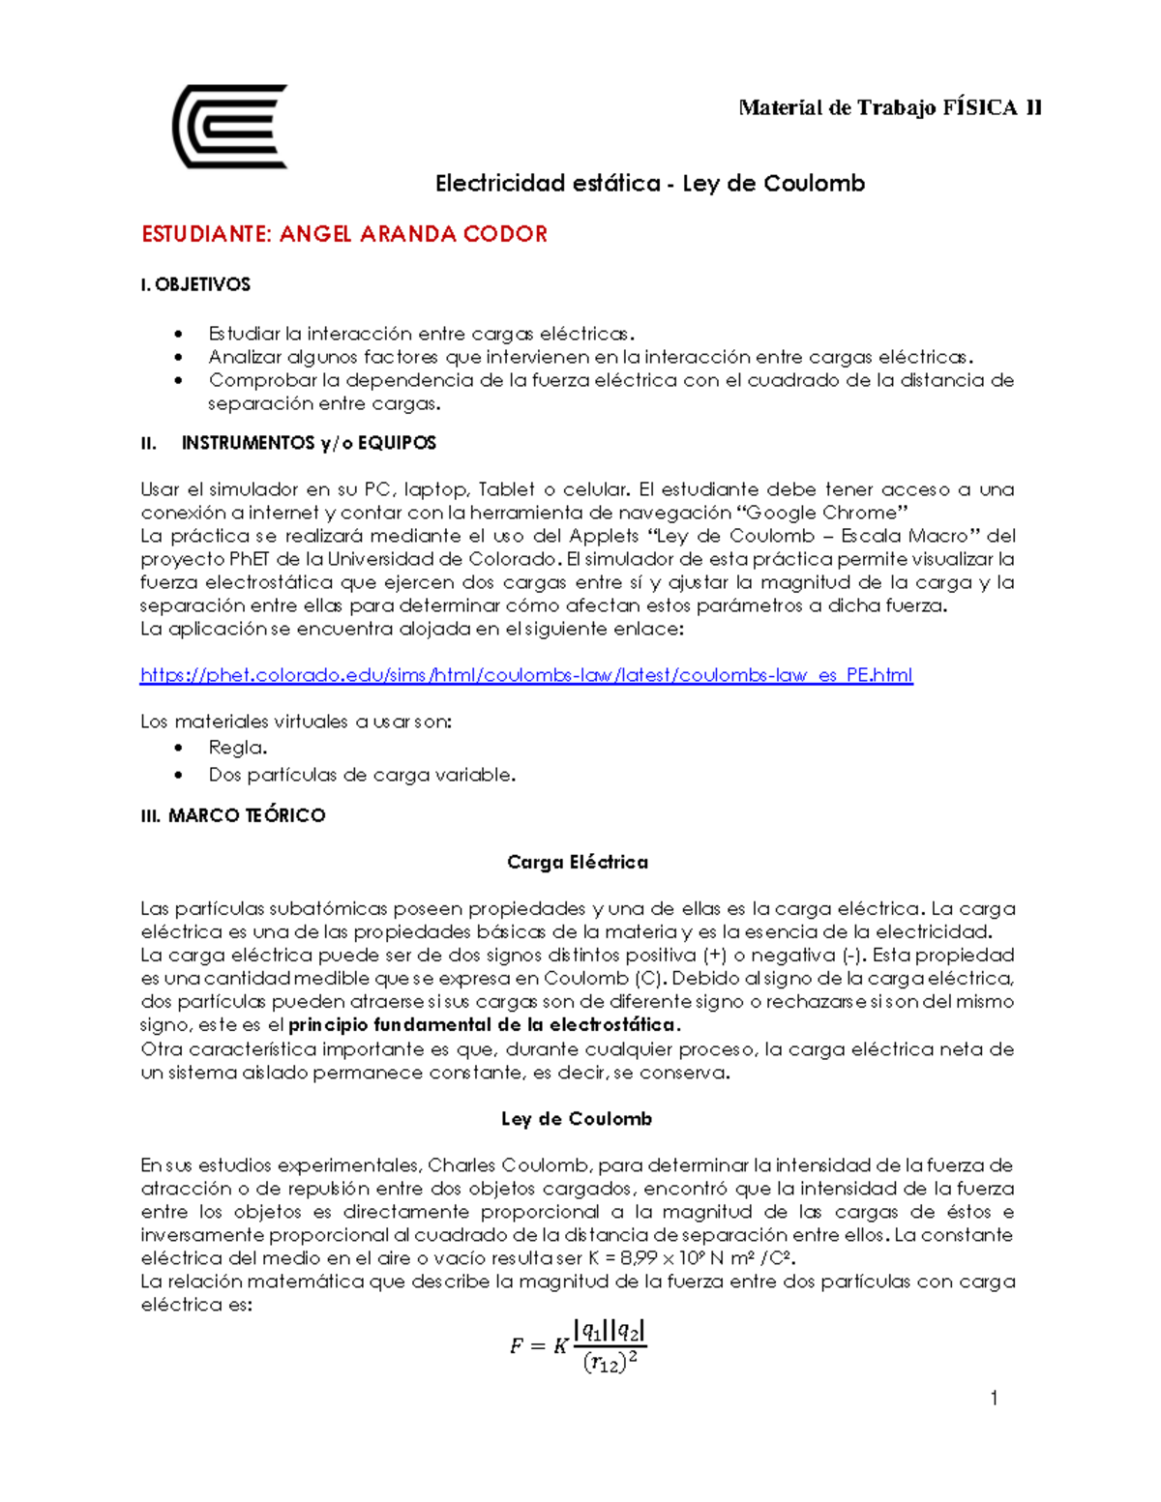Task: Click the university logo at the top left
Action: (x=230, y=127)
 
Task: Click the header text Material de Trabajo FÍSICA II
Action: (x=889, y=107)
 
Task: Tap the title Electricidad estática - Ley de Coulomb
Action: (x=649, y=183)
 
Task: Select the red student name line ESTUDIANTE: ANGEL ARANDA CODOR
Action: (x=344, y=234)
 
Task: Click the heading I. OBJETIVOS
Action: (x=195, y=284)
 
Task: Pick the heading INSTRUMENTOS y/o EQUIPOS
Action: (x=308, y=443)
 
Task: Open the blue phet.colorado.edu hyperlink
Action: (x=526, y=675)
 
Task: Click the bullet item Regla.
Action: (x=238, y=748)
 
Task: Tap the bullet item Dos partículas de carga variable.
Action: (x=362, y=775)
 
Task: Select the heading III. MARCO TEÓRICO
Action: (x=232, y=815)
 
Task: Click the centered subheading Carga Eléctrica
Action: (x=578, y=862)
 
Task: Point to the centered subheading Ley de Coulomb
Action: (x=577, y=1119)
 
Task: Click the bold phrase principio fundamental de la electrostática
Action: (x=485, y=1025)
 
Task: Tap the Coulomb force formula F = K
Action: (x=578, y=1346)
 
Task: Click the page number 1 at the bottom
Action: (x=994, y=1399)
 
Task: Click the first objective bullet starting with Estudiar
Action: (x=421, y=334)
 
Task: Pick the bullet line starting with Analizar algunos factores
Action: (x=590, y=357)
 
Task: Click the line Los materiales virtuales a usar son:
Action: (x=296, y=722)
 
